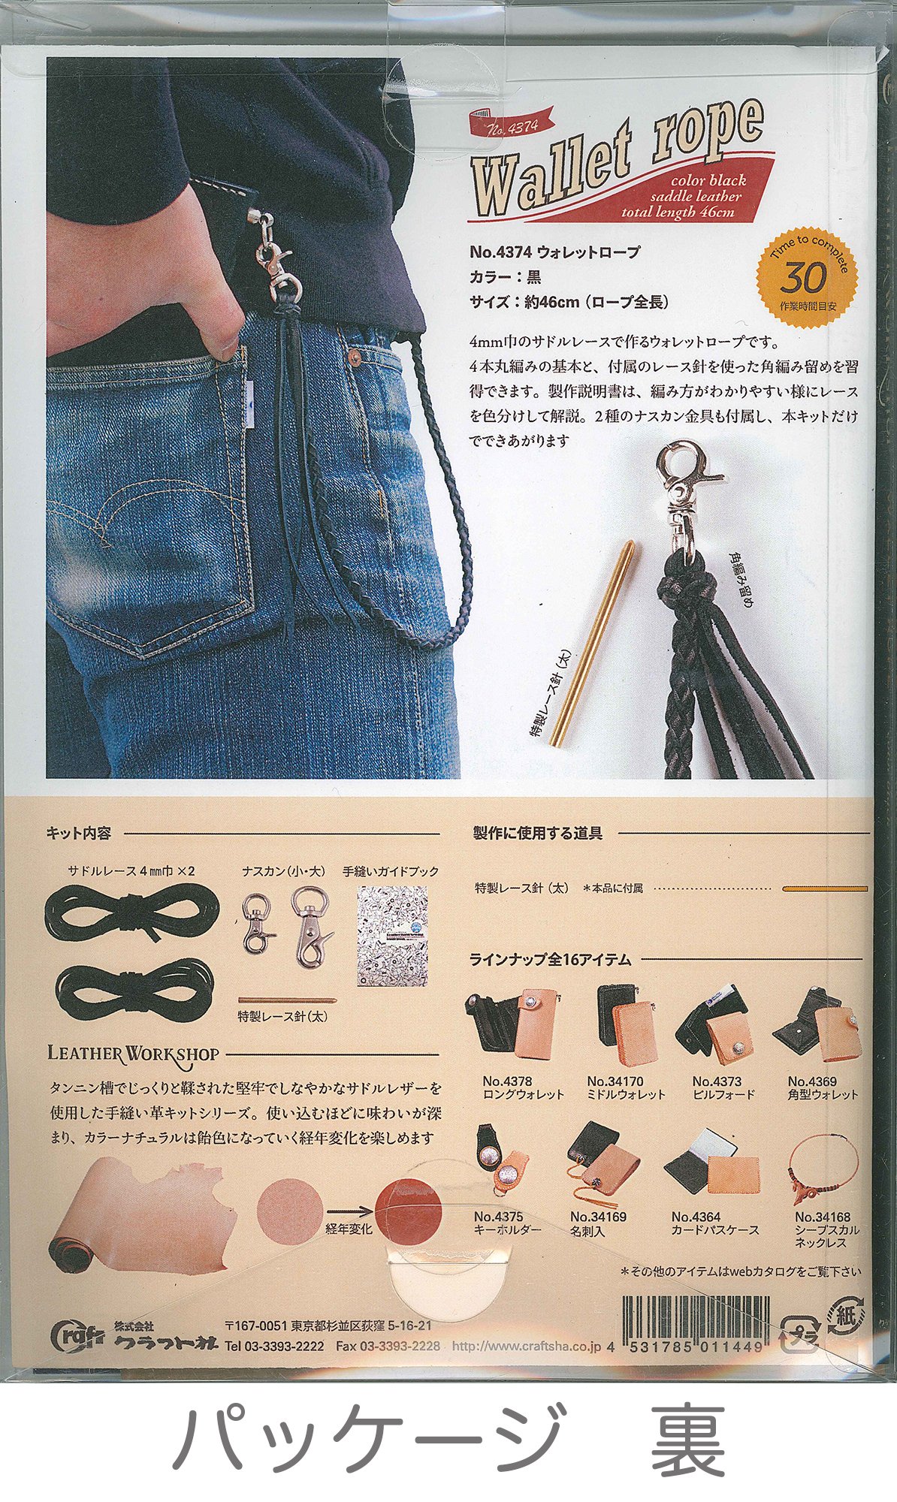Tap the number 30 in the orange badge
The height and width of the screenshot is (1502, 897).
pyautogui.click(x=803, y=279)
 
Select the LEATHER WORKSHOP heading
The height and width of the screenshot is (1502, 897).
pyautogui.click(x=133, y=1054)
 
